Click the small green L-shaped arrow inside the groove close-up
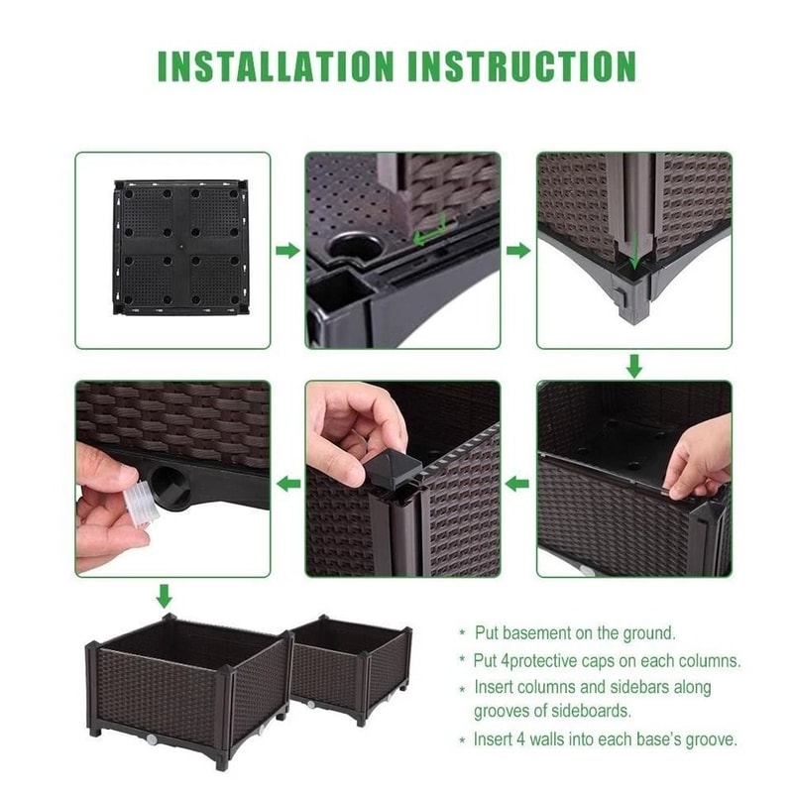pos(431,234)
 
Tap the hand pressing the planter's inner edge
pos(699,456)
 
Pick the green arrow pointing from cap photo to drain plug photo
pos(287,484)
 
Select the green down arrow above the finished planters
pos(165,596)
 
